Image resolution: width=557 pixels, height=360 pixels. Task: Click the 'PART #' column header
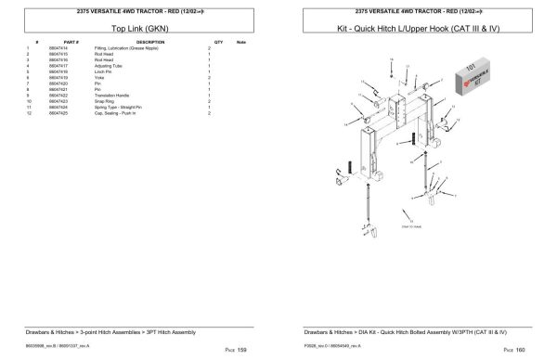71,42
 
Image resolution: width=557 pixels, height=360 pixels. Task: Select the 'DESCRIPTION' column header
149,42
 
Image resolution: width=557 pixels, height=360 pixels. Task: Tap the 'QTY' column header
218,42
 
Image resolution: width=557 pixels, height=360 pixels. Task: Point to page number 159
241,350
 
